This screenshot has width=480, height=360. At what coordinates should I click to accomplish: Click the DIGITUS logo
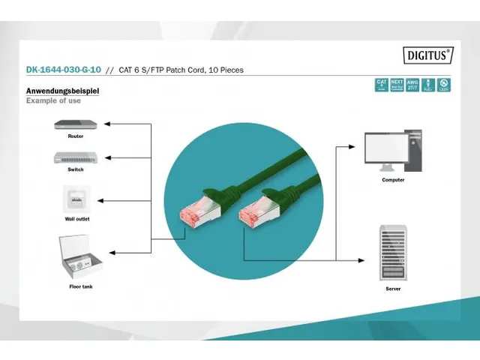pos(428,54)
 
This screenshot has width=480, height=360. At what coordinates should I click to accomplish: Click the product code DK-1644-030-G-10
pos(64,70)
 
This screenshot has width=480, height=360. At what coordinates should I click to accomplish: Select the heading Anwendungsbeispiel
pos(62,91)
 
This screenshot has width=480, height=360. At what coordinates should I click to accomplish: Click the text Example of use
pos(53,100)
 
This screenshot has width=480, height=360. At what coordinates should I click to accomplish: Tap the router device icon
pos(75,124)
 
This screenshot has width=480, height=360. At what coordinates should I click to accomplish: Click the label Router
pos(75,136)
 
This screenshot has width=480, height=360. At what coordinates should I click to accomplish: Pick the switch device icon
pos(75,157)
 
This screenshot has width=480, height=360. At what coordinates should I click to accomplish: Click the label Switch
pos(75,169)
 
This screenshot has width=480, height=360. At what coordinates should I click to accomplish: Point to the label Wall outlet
pos(76,218)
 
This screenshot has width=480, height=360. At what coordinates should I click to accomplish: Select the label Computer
pos(393,180)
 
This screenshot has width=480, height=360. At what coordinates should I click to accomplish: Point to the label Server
pos(393,288)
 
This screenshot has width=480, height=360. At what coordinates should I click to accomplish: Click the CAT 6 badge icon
pos(381,85)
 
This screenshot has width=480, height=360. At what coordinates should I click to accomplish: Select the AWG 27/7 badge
pos(412,85)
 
